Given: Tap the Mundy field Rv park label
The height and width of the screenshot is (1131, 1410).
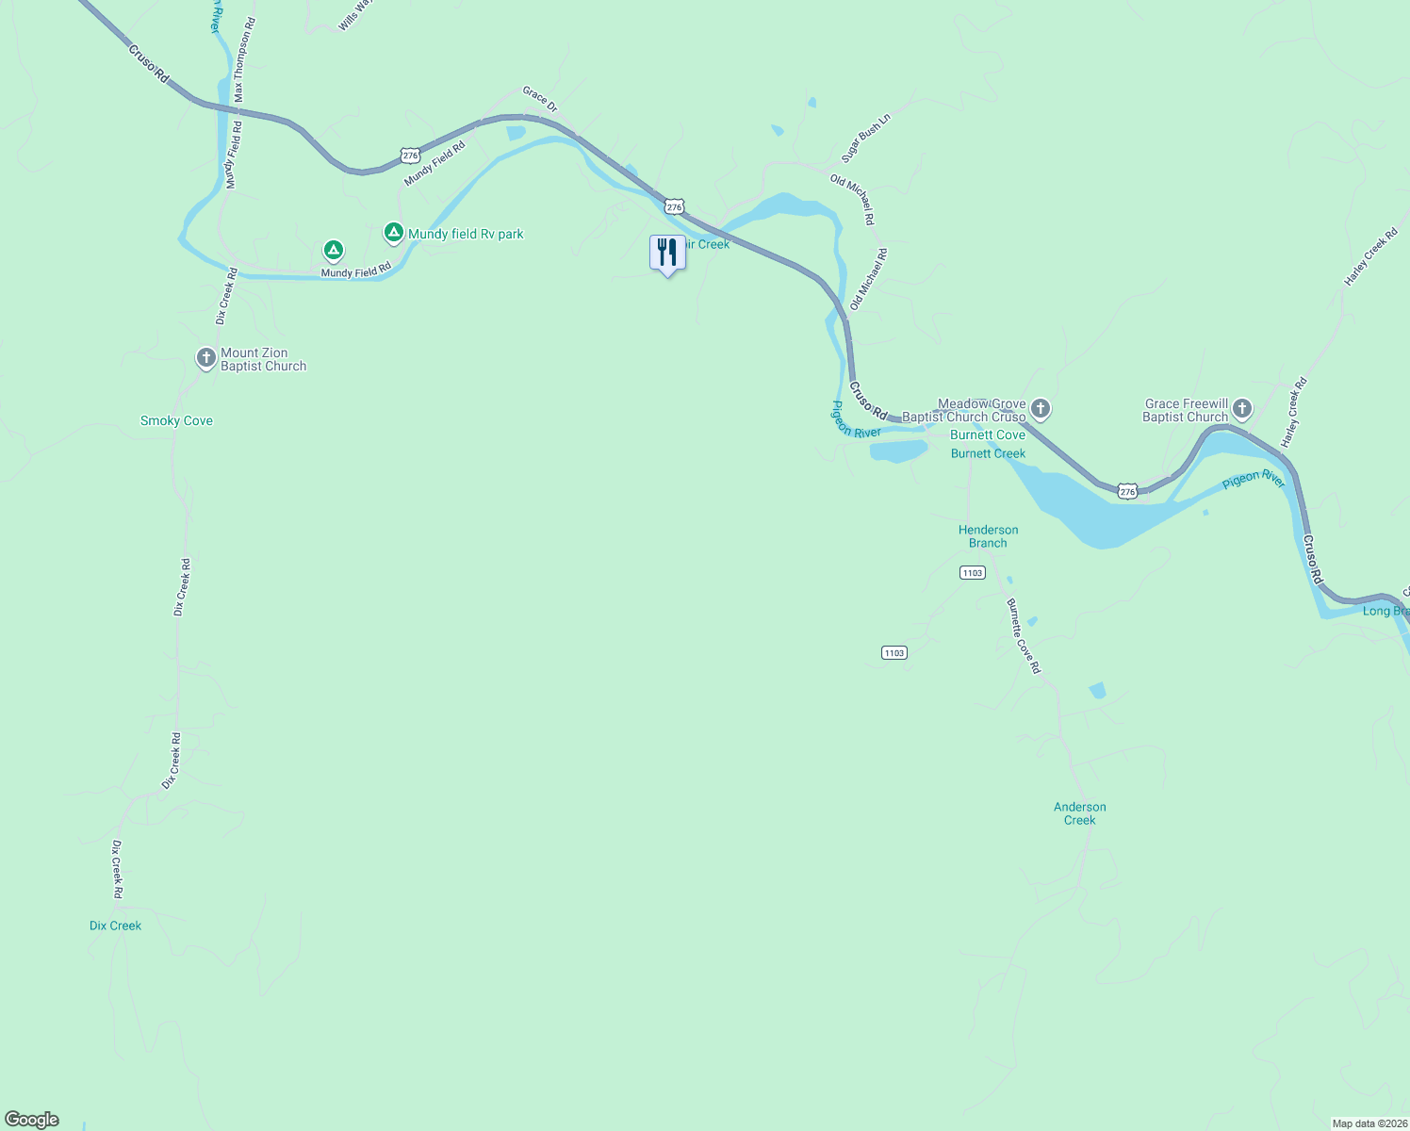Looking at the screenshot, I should coord(466,234).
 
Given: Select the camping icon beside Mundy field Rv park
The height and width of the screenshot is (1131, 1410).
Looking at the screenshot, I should coord(395,232).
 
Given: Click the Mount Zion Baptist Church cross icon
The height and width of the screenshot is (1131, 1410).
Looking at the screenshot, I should coord(205,358).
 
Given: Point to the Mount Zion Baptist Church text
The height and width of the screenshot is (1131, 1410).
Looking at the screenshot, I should coord(263,360).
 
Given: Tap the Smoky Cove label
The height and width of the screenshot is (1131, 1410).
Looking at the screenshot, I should coord(176,421).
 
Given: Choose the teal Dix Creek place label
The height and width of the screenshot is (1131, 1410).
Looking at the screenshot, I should coord(115,926).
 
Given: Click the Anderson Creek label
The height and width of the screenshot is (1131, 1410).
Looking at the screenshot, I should coord(1080,813).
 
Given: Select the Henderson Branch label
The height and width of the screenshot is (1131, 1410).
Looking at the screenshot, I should coord(988,536).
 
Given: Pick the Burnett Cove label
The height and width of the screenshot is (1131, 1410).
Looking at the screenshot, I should coord(988,434).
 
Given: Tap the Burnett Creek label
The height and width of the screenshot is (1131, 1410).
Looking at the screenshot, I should coord(988,453).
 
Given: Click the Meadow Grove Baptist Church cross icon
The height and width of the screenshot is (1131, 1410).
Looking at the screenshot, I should coord(1041,409).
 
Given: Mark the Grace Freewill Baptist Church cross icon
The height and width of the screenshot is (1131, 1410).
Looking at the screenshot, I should coord(1242,409).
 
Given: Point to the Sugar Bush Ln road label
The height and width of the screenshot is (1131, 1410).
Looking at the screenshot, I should coord(865,139).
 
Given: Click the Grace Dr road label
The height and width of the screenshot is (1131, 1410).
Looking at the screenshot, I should coord(540,99).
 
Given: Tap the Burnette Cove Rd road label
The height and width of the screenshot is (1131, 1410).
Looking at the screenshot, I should coord(1024,636).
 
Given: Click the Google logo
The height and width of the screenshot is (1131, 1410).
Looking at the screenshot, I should coord(32,1120).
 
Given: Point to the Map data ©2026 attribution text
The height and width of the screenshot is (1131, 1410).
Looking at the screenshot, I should coord(1369,1123).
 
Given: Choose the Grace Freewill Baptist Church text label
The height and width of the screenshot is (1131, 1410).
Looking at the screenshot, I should coord(1186,410).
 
